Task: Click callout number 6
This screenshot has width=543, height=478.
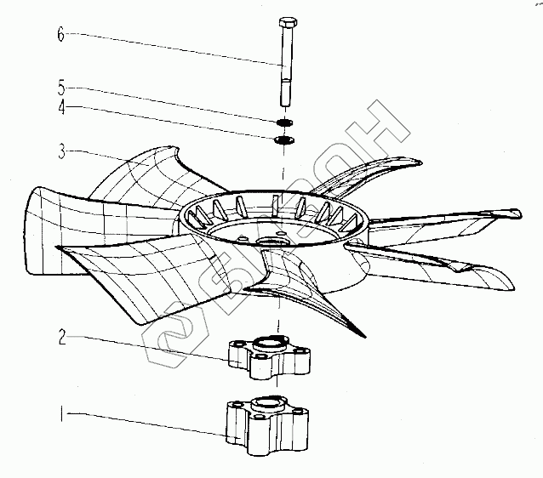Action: click(x=60, y=35)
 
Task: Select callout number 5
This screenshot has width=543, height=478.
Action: click(x=60, y=88)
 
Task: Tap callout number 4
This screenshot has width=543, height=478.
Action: click(x=60, y=108)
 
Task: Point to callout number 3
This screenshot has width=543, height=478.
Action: click(x=60, y=153)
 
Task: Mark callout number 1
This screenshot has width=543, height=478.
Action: click(x=60, y=416)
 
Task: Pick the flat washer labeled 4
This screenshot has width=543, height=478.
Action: click(x=285, y=139)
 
